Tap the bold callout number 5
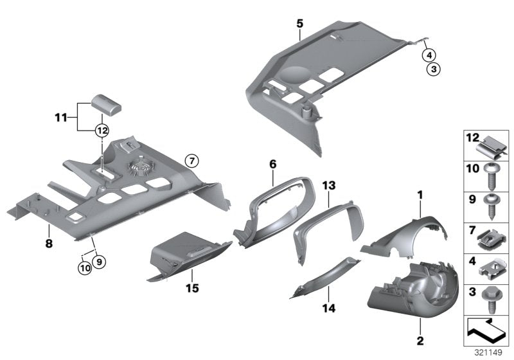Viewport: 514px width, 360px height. tap(299, 23)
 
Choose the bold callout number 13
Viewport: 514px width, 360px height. tap(329, 185)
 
